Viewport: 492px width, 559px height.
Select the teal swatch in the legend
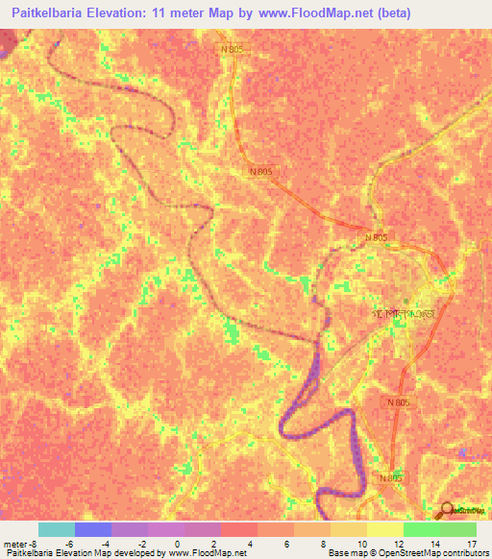point(57,528)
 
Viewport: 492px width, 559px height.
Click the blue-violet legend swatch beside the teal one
point(93,528)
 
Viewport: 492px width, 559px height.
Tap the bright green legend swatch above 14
point(422,528)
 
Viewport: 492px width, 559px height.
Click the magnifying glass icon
point(447,511)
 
